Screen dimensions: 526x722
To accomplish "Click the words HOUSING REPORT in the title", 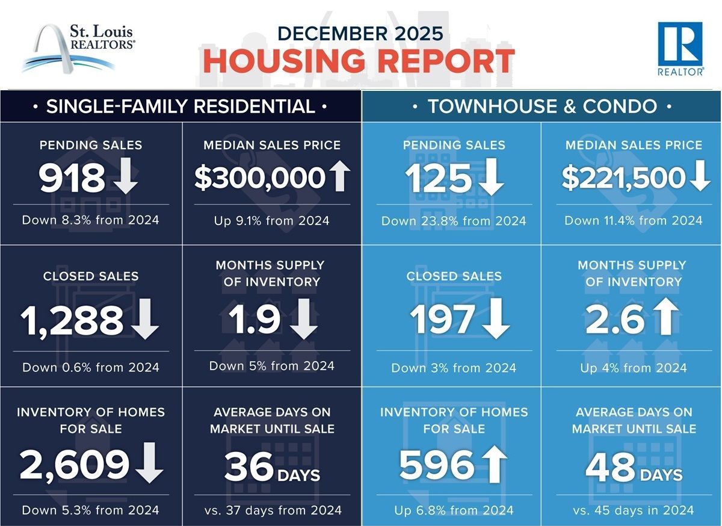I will [x=359, y=61].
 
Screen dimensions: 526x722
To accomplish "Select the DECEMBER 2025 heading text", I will [x=359, y=32].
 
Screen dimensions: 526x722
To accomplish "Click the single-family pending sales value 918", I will [x=72, y=178].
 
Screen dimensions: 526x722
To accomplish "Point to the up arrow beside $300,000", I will [x=340, y=178].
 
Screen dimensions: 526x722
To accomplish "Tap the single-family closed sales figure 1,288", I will [x=72, y=321].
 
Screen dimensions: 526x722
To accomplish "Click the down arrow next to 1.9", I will [x=303, y=321].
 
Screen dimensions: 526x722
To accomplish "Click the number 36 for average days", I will [x=248, y=467].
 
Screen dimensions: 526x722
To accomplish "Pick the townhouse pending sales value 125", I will [x=437, y=178].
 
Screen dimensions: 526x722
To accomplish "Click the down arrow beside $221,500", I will [x=700, y=178].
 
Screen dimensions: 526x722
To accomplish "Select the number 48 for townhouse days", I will [x=610, y=467].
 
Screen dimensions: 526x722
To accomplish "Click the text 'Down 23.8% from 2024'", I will [x=454, y=221].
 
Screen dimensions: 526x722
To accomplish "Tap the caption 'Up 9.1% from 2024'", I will [x=272, y=220].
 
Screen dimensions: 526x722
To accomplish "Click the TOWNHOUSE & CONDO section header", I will [x=542, y=107].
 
